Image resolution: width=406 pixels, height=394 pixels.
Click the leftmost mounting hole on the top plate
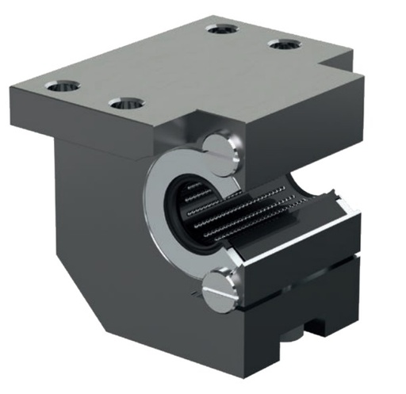click(62, 85)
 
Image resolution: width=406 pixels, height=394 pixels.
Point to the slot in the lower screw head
click(220, 291)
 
